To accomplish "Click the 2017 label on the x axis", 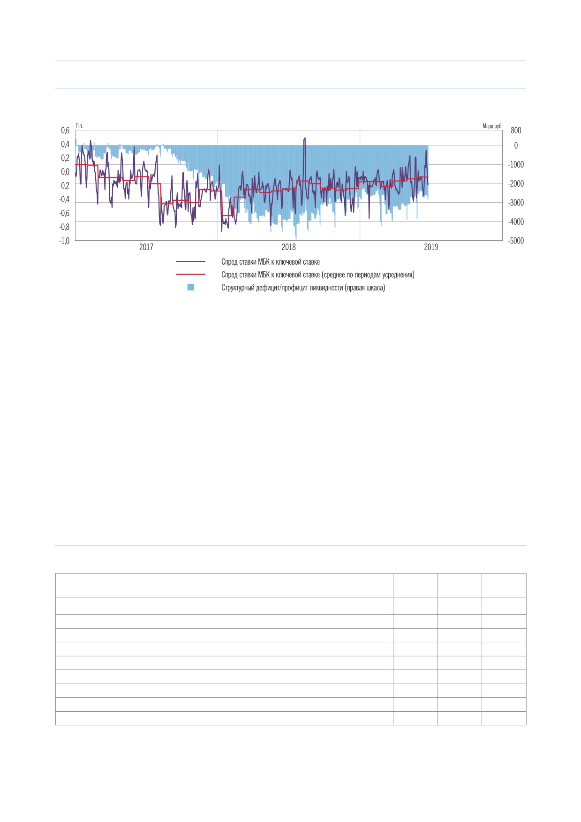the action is [x=146, y=247].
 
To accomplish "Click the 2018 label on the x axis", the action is [x=288, y=247].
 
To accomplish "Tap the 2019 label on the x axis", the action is [x=431, y=247].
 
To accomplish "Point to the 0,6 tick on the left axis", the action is [x=65, y=130].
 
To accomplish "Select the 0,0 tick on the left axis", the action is [x=65, y=172].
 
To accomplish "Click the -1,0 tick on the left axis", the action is [x=64, y=241].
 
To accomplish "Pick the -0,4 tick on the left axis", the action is [x=64, y=199].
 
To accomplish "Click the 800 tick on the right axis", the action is [x=516, y=130].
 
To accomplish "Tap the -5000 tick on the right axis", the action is [x=516, y=241].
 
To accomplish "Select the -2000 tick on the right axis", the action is [x=516, y=183].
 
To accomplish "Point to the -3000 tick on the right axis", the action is [x=516, y=203].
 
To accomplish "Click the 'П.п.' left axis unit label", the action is [x=79, y=126].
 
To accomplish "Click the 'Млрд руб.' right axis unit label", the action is [x=492, y=126].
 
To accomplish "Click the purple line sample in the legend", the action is [x=191, y=262].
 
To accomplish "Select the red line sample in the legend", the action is [x=191, y=274].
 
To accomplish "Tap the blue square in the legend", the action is [x=191, y=287].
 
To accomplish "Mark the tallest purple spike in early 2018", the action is [x=305, y=138].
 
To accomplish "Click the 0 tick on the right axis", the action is [x=516, y=145].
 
